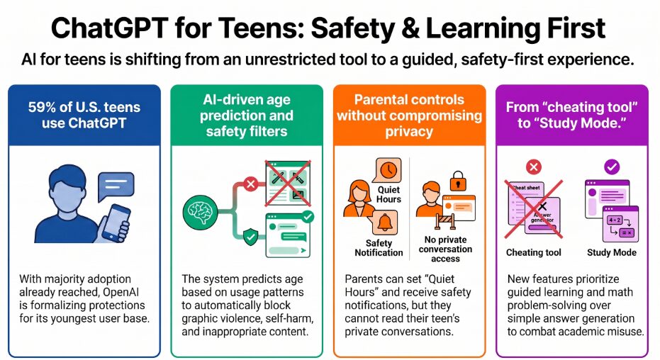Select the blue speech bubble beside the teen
pyautogui.click(x=116, y=186)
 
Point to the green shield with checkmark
pyautogui.click(x=251, y=237)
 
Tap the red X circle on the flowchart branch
pyautogui.click(x=251, y=184)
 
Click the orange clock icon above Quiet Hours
pyautogui.click(x=388, y=170)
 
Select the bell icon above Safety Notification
pyautogui.click(x=384, y=223)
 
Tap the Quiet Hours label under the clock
pyautogui.click(x=388, y=194)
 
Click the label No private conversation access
pyautogui.click(x=445, y=249)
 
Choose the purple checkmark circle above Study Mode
pyautogui.click(x=612, y=167)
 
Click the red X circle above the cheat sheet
pyautogui.click(x=534, y=167)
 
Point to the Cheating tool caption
pyautogui.click(x=533, y=252)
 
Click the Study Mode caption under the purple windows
pyautogui.click(x=612, y=252)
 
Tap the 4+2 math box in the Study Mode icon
pyautogui.click(x=614, y=220)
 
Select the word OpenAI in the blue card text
pyautogui.click(x=121, y=292)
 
